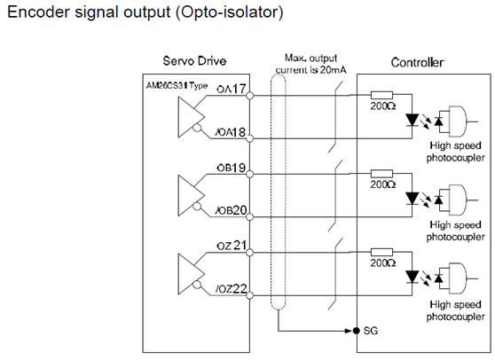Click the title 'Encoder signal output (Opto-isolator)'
pyautogui.click(x=145, y=12)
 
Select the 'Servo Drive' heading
pyautogui.click(x=194, y=60)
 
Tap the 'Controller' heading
pyautogui.click(x=417, y=62)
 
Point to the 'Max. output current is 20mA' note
pyautogui.click(x=311, y=64)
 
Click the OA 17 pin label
pyautogui.click(x=231, y=89)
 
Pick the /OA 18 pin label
pyautogui.click(x=231, y=132)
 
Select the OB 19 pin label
pyautogui.click(x=231, y=168)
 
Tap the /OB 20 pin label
pyautogui.click(x=231, y=210)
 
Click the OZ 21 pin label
pyautogui.click(x=232, y=246)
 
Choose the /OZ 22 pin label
pyautogui.click(x=231, y=288)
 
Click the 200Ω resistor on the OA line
pyautogui.click(x=381, y=95)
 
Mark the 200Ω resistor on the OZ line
pyautogui.click(x=381, y=252)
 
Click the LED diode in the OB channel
pyautogui.click(x=412, y=199)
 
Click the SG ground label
pyautogui.click(x=371, y=331)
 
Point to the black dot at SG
pyautogui.click(x=357, y=331)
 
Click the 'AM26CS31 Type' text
pyautogui.click(x=177, y=85)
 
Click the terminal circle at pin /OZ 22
pyautogui.click(x=249, y=295)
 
